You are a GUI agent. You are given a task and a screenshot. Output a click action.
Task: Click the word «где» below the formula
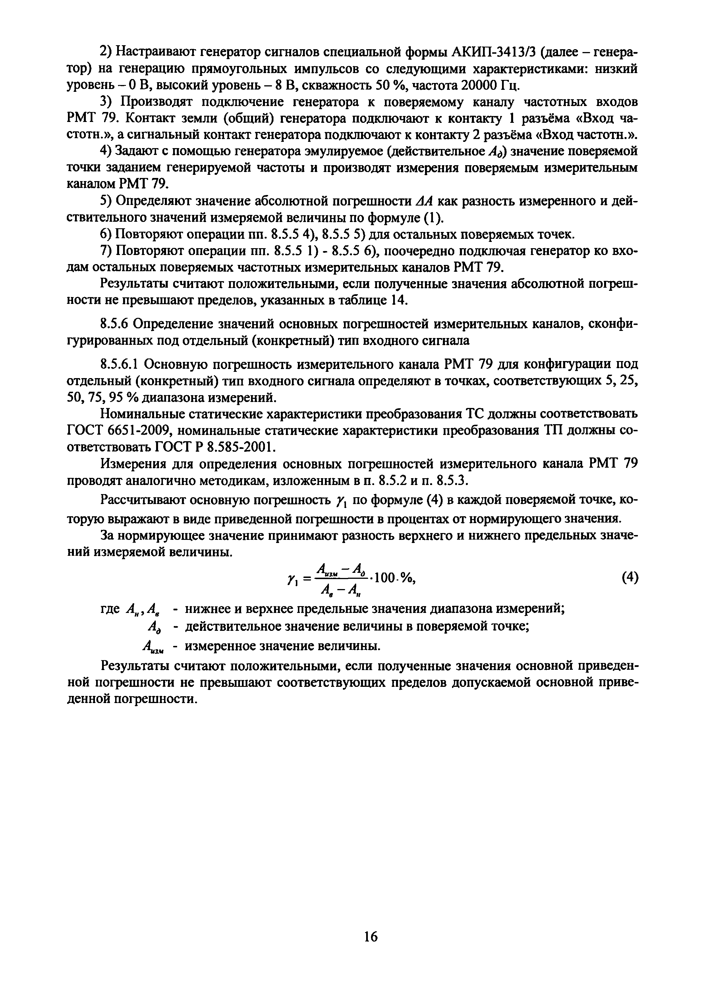click(x=110, y=609)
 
